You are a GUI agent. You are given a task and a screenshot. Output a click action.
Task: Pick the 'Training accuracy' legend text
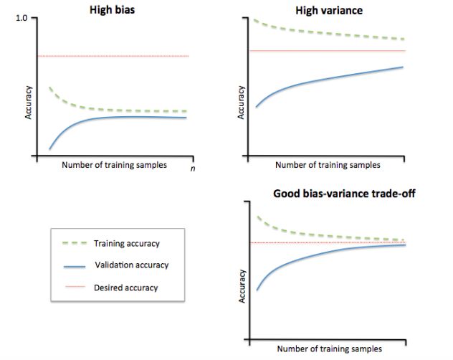(x=127, y=244)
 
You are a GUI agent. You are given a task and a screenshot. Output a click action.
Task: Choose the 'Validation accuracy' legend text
(x=132, y=265)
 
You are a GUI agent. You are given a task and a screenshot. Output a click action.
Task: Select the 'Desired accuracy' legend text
(x=126, y=288)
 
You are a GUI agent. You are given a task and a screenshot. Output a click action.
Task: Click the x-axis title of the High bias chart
(x=115, y=164)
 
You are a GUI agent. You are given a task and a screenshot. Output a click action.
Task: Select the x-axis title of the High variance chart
(x=328, y=164)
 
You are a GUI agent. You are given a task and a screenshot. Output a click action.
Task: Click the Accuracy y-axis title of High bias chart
(x=28, y=105)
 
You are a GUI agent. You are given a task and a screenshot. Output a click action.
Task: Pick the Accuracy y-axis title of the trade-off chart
(x=242, y=285)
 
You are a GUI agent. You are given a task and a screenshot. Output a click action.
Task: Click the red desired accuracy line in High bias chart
(x=115, y=56)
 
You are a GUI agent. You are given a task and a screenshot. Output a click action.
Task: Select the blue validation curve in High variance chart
(x=330, y=79)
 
